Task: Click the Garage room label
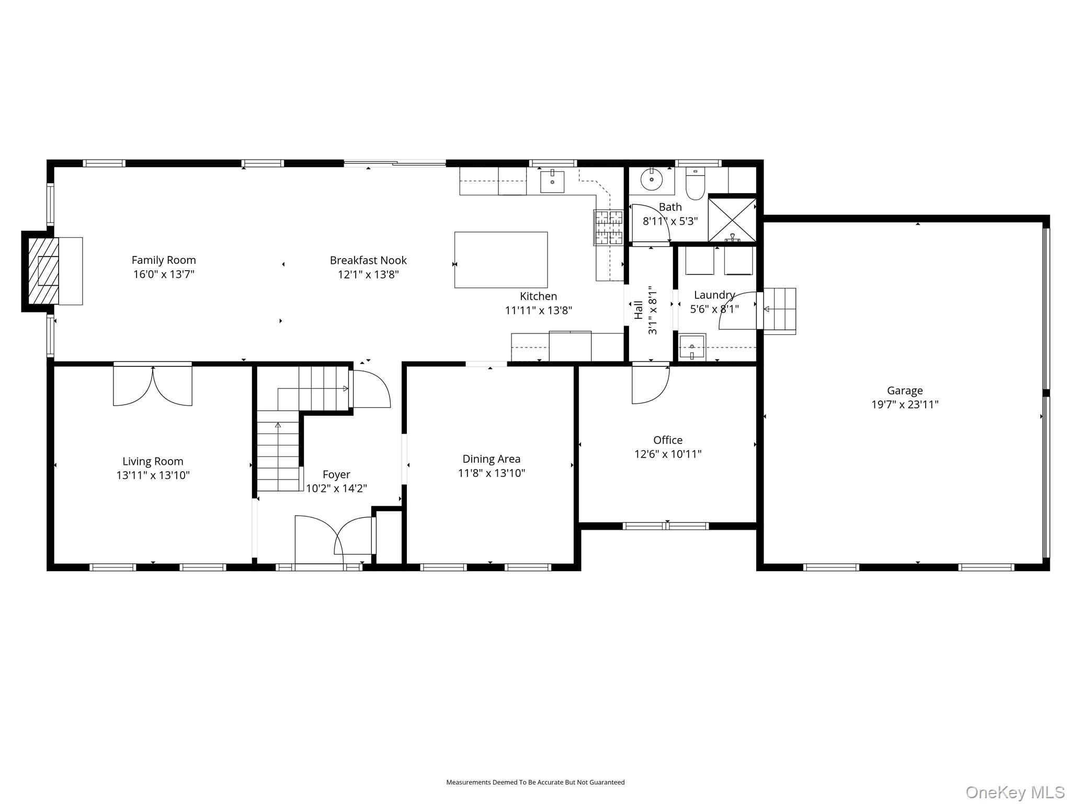pos(905,390)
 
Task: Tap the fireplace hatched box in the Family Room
pos(43,271)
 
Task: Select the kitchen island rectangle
pos(501,260)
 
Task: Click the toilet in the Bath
pos(696,184)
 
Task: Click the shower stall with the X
pos(732,220)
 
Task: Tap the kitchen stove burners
pos(609,227)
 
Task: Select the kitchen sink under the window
pos(552,181)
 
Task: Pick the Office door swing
pos(651,385)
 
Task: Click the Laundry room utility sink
pos(692,347)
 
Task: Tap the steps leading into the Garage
pos(780,311)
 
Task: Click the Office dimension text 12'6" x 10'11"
pos(668,454)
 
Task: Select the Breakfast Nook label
pos(368,260)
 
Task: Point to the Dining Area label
pos(492,459)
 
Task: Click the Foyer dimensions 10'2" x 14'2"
pos(336,489)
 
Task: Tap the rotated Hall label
pos(639,310)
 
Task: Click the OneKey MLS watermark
pos(1015,792)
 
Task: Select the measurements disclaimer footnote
pos(535,783)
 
